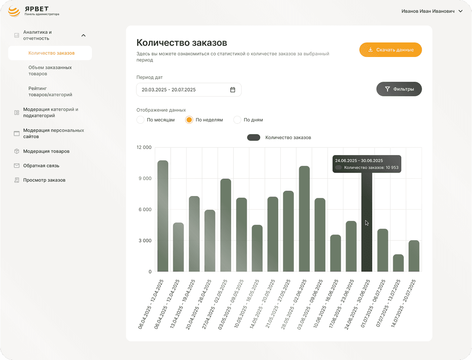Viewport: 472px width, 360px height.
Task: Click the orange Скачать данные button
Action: click(x=390, y=50)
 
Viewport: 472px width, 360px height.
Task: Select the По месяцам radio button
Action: click(x=140, y=120)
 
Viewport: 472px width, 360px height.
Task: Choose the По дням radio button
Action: click(x=237, y=120)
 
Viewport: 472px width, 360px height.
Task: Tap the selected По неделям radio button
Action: click(x=189, y=120)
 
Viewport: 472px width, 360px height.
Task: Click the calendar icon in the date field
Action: click(x=233, y=90)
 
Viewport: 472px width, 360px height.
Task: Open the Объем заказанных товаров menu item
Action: click(x=50, y=70)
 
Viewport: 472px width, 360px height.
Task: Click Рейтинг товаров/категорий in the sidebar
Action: click(x=50, y=92)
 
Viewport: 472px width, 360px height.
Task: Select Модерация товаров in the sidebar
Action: click(x=46, y=151)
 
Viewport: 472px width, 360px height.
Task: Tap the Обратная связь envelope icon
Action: click(x=17, y=165)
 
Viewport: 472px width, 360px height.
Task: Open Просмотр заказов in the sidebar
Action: click(x=44, y=180)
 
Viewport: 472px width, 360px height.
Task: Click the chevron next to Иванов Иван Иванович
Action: click(x=460, y=11)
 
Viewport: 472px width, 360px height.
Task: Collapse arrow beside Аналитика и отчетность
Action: click(x=83, y=35)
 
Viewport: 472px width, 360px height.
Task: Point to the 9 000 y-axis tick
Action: click(x=145, y=178)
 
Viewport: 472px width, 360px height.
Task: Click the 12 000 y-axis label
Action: click(x=144, y=147)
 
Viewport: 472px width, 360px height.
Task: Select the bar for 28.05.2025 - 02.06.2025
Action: click(x=304, y=219)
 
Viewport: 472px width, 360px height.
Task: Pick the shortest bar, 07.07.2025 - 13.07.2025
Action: click(x=398, y=263)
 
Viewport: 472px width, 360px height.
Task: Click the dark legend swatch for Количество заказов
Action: click(x=253, y=138)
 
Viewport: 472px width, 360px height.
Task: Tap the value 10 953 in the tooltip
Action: click(x=392, y=167)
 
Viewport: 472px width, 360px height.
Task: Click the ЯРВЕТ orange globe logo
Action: click(x=14, y=11)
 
